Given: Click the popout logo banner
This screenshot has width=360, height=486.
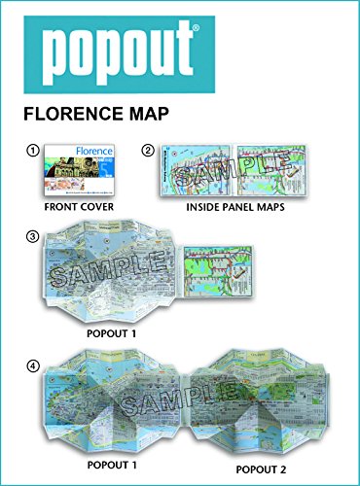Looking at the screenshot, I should pos(180,50).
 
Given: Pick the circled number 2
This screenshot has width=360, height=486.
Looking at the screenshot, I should pos(148,150).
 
